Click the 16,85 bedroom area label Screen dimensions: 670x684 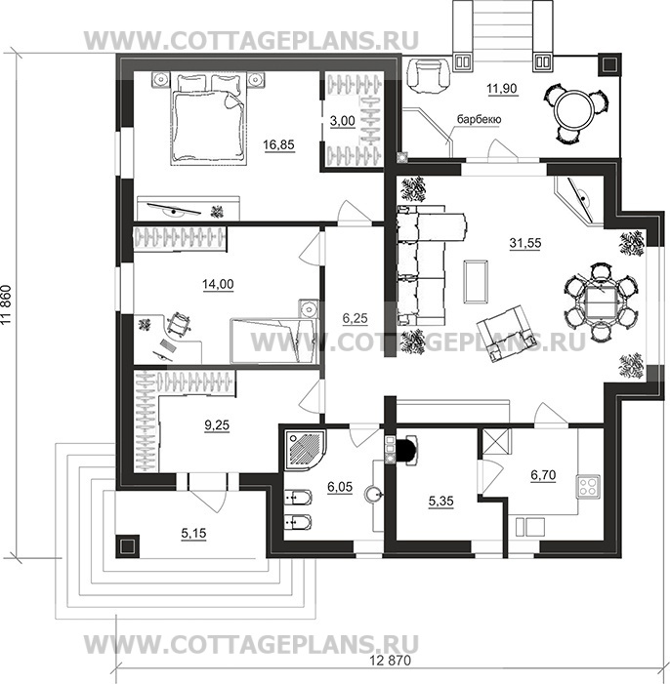click(x=278, y=144)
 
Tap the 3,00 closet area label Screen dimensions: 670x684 click(x=343, y=121)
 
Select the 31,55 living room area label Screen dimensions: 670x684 click(x=525, y=243)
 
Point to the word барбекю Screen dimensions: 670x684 click(x=479, y=119)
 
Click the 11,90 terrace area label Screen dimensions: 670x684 click(x=502, y=89)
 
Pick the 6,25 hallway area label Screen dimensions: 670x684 click(x=355, y=318)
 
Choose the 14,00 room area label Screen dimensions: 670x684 click(x=218, y=284)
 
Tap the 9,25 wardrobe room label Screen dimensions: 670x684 click(x=217, y=424)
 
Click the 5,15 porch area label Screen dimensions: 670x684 click(x=193, y=533)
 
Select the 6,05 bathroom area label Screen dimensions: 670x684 click(x=340, y=487)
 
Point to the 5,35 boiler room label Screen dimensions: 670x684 click(x=440, y=502)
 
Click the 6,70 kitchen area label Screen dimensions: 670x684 click(x=543, y=474)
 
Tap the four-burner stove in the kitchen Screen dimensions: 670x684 click(x=588, y=486)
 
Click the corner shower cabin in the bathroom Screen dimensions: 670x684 click(x=304, y=450)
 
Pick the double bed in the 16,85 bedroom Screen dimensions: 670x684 click(x=207, y=119)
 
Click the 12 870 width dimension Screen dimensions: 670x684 click(x=390, y=661)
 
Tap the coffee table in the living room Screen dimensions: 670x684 click(x=476, y=281)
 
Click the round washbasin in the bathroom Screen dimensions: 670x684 click(x=373, y=495)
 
